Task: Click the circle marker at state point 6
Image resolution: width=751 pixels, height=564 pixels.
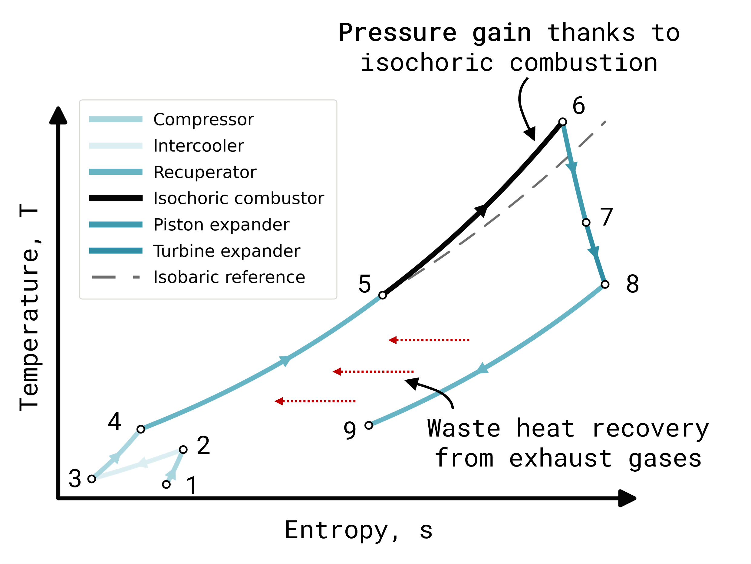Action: point(563,122)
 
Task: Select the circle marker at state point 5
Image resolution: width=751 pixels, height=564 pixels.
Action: point(383,295)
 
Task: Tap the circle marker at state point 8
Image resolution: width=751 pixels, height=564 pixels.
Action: point(605,284)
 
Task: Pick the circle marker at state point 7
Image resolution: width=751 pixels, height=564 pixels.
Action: point(586,223)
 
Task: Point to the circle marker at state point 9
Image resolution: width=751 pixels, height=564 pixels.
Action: point(369,425)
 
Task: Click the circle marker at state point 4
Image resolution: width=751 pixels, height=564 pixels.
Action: point(141,429)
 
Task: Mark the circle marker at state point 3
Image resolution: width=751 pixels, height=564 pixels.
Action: point(92,479)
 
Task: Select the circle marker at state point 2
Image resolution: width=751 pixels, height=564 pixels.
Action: point(183,450)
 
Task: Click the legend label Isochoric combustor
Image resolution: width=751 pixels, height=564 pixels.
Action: point(239,198)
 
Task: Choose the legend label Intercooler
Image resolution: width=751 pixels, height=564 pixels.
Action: point(199,146)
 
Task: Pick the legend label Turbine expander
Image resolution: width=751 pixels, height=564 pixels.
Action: point(227,251)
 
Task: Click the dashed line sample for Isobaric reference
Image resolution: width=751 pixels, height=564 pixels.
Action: point(116,277)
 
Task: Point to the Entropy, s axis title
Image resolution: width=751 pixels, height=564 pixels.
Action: point(358,530)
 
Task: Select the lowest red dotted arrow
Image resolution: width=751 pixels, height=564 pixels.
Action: point(315,401)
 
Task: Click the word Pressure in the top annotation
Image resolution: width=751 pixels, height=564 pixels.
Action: point(397,33)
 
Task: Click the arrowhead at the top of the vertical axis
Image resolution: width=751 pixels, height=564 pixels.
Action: point(58,115)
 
